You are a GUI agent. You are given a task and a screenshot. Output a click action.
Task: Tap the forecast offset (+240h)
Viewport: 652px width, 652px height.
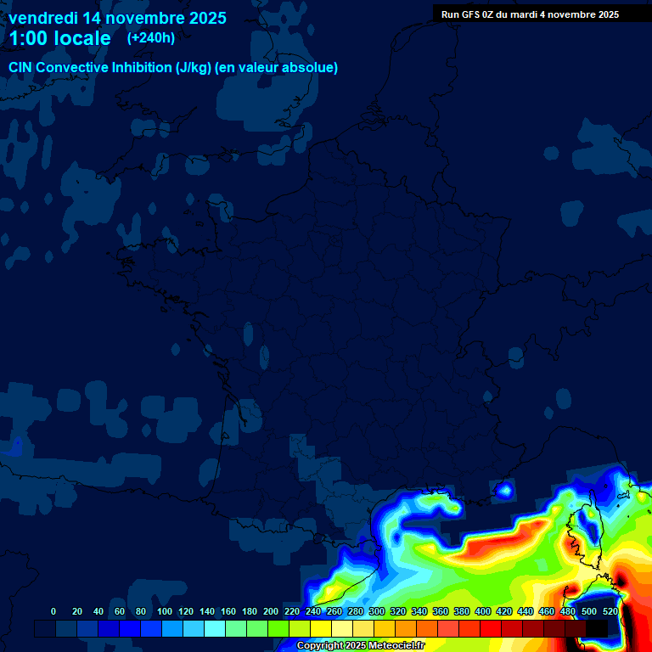point(151,37)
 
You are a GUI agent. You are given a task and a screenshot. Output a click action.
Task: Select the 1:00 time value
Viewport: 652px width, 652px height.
point(27,38)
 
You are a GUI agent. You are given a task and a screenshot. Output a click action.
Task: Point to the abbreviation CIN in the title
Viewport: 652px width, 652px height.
point(21,68)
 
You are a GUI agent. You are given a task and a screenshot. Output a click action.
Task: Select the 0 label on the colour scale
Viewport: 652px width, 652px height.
point(53,612)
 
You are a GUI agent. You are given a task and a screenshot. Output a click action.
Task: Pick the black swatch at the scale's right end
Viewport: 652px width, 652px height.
point(597,628)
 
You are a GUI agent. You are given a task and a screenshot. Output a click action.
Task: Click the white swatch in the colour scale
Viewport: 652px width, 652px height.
point(342,628)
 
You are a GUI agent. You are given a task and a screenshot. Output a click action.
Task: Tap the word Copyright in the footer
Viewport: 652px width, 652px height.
point(320,646)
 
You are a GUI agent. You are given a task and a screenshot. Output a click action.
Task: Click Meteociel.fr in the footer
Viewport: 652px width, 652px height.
point(396,646)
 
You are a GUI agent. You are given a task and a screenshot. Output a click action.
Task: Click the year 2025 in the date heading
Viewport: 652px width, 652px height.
point(203,18)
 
